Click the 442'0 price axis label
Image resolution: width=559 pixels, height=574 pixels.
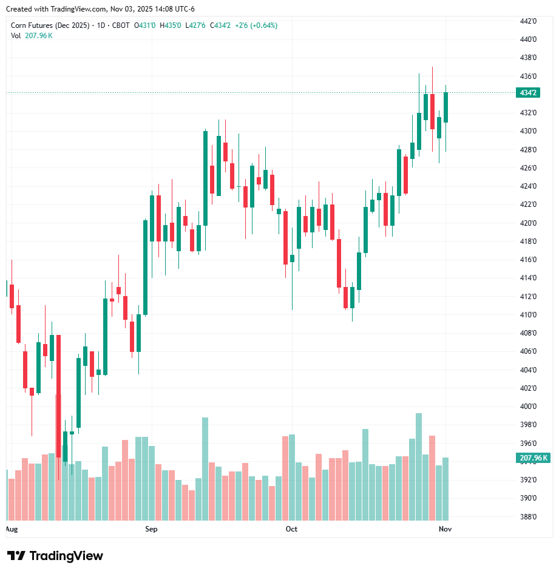[528, 21]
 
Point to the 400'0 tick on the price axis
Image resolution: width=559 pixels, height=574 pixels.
[528, 407]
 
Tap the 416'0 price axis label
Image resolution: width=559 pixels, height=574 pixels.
[528, 260]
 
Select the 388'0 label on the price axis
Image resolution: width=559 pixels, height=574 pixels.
[528, 517]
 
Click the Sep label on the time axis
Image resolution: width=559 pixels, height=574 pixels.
[151, 529]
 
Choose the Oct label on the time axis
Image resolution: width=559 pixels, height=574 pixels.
[291, 529]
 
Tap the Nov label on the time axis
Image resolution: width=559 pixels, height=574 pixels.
[445, 529]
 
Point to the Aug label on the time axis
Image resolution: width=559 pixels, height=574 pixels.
[11, 529]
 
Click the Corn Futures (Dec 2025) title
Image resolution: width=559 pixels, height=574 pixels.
[50, 25]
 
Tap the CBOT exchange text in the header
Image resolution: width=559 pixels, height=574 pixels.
[121, 25]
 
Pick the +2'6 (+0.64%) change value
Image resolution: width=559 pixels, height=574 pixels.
[256, 25]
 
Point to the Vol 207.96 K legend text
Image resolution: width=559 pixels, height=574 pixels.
[32, 36]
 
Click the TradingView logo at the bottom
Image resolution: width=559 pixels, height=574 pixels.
[55, 556]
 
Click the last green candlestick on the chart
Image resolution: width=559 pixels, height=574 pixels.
[446, 107]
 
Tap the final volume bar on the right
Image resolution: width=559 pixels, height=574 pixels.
[446, 488]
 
